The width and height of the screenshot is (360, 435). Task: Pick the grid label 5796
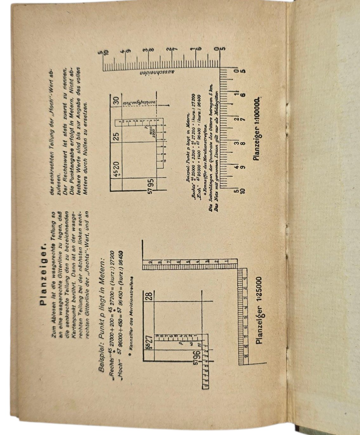click(x=197, y=357)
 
